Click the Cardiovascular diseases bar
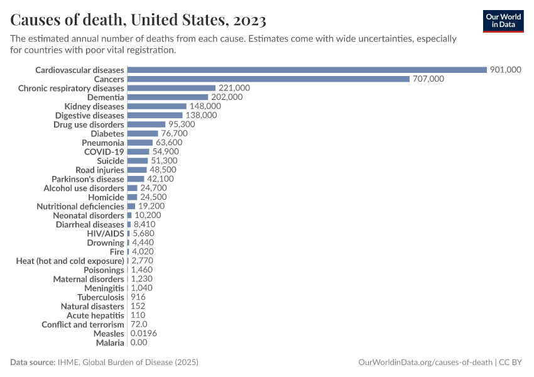[x=307, y=70]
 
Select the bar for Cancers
[x=268, y=79]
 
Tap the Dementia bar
[x=167, y=97]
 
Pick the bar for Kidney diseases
[x=156, y=106]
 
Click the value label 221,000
[x=234, y=88]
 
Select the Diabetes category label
[x=107, y=134]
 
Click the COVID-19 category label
[x=104, y=152]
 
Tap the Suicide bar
[x=137, y=161]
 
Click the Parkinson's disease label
[x=88, y=179]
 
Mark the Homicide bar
[x=132, y=197]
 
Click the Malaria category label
[x=110, y=342]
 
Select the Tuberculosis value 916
[x=138, y=297]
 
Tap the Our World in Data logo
[x=503, y=21]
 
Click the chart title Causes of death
[x=138, y=20]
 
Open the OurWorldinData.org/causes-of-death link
[x=425, y=363]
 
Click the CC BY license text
[x=512, y=363]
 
